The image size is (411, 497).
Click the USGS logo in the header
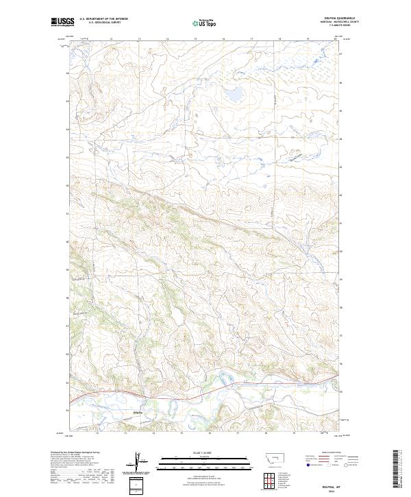point(62,22)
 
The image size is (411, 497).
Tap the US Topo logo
point(206,23)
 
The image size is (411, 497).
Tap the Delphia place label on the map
point(137,412)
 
